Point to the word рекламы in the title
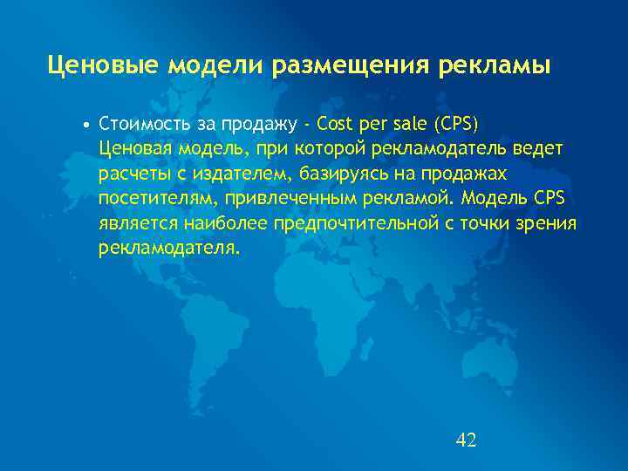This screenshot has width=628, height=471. [x=500, y=66]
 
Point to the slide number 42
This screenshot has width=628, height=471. [x=466, y=440]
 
